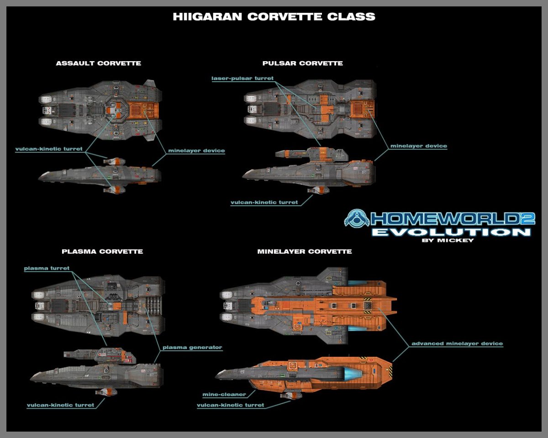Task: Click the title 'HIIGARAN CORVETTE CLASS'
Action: [274, 17]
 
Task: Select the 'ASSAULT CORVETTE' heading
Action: [98, 63]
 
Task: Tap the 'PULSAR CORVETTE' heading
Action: [302, 63]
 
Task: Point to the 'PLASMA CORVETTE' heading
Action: [102, 251]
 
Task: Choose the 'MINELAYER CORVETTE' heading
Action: [305, 251]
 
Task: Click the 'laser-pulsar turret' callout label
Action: [242, 78]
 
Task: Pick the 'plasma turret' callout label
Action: [47, 268]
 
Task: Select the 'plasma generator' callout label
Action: [192, 347]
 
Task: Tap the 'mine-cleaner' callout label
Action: [224, 394]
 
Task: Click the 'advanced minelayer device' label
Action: [457, 344]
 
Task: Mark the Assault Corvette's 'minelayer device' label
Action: [196, 151]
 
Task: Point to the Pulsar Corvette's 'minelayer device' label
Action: [418, 146]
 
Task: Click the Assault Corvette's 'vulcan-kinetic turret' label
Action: [49, 149]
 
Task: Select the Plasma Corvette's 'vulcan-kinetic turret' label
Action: [60, 405]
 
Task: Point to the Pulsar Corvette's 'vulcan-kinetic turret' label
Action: [264, 202]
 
